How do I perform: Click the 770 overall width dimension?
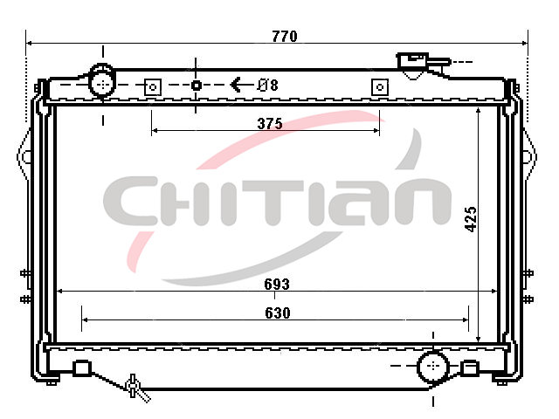pos(285,36)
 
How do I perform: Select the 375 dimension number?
pos(270,124)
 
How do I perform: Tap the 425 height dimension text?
pos(471,219)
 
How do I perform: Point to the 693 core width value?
pos(277,284)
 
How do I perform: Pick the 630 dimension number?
pos(278,313)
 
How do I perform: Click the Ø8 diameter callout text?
pos(268,86)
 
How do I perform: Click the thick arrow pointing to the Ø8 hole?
pos(242,85)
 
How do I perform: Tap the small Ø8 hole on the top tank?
pos(196,86)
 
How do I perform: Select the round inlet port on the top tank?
pos(103,84)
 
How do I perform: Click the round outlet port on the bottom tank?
pos(433,366)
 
